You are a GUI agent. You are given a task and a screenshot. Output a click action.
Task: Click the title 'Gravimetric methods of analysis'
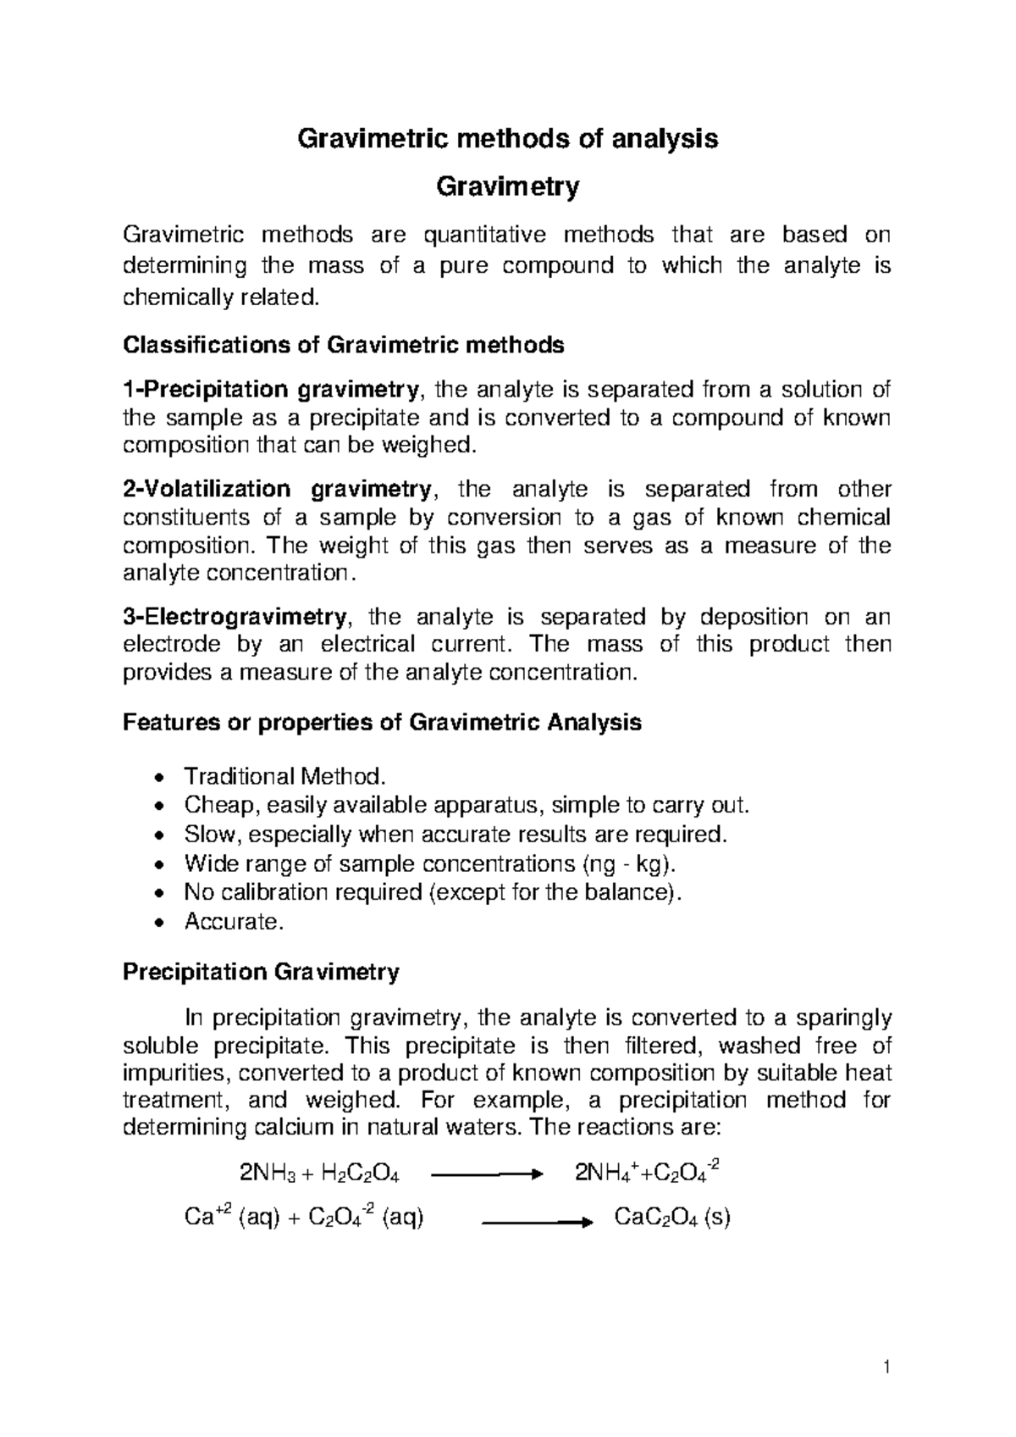[506, 138]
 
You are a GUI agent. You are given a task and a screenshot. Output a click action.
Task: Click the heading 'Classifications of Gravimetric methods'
[343, 345]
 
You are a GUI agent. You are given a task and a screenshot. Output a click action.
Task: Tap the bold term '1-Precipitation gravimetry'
[270, 390]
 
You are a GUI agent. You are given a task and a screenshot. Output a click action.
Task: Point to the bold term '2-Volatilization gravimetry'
[278, 489]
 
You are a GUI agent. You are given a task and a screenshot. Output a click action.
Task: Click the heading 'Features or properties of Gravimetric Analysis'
[382, 723]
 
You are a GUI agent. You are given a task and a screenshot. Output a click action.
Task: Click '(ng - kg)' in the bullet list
[631, 863]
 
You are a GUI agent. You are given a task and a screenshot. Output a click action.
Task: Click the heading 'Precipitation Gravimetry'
[261, 972]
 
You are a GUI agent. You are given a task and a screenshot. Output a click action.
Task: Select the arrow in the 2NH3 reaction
[486, 1174]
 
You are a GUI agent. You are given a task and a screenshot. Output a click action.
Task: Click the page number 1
[886, 1367]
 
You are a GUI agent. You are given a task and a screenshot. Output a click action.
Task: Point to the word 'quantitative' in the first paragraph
[484, 234]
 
